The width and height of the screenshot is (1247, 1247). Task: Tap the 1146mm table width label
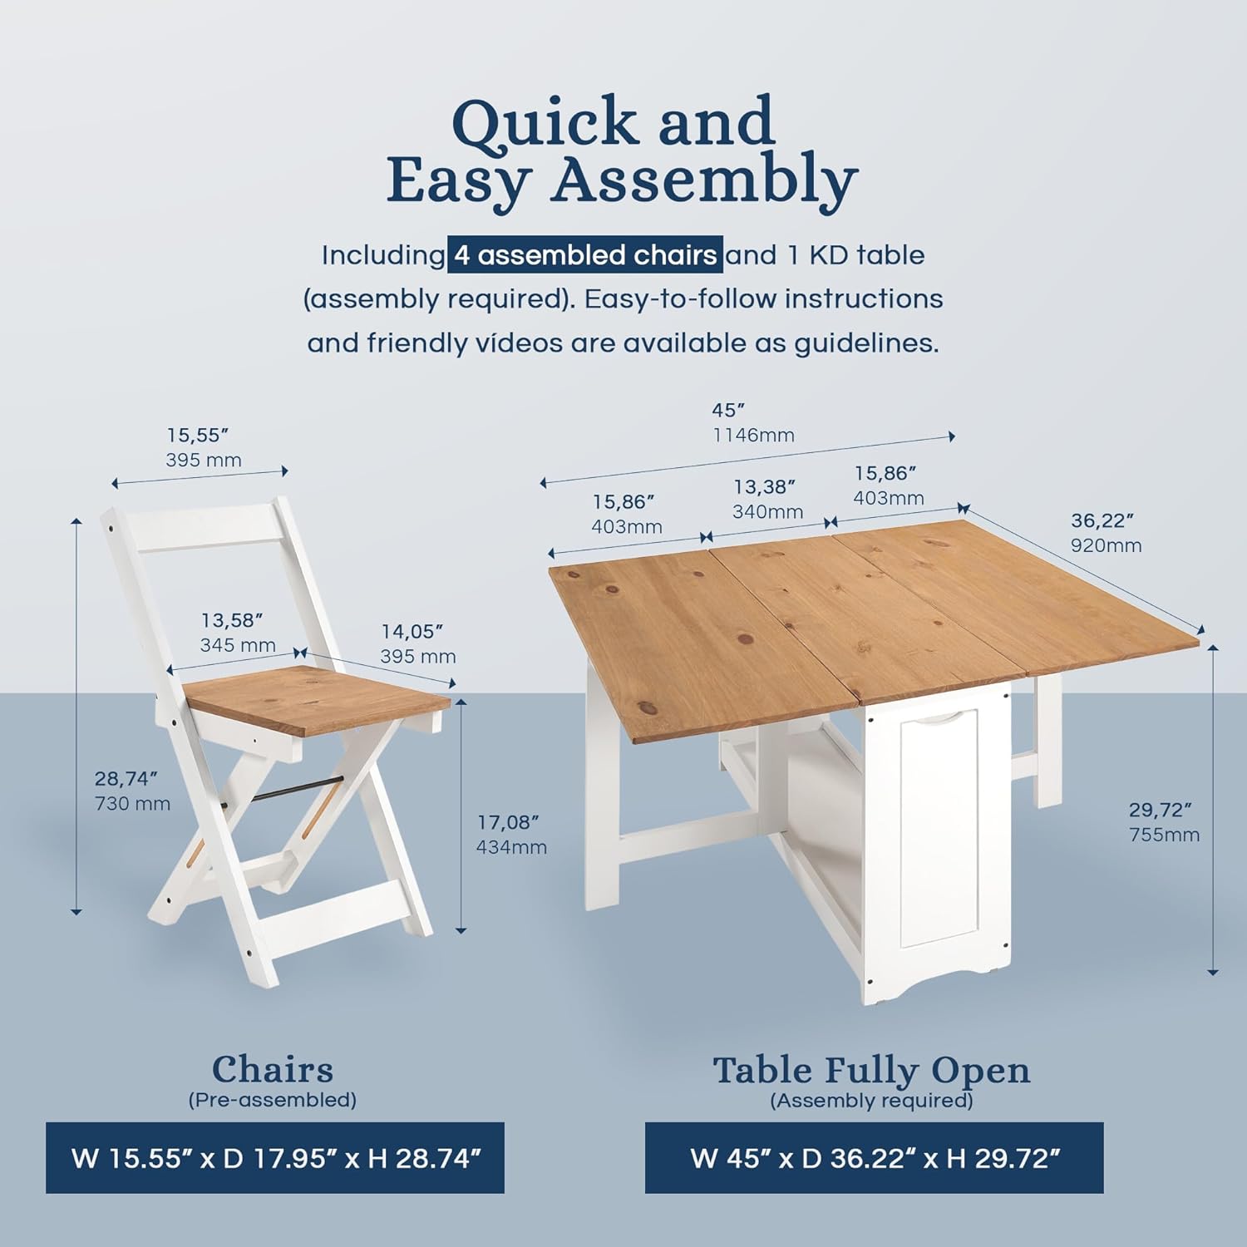pyautogui.click(x=753, y=435)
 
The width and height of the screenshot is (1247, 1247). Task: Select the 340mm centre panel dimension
pyautogui.click(x=767, y=511)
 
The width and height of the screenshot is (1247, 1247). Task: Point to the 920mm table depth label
pyautogui.click(x=1107, y=545)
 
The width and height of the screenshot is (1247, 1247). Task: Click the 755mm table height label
pyautogui.click(x=1164, y=835)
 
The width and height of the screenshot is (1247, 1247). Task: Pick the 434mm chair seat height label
pyautogui.click(x=511, y=847)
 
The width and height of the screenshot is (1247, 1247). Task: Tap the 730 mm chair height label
pyautogui.click(x=133, y=804)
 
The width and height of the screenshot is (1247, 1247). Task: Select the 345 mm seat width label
pyautogui.click(x=238, y=644)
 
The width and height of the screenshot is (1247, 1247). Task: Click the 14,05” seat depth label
pyautogui.click(x=412, y=632)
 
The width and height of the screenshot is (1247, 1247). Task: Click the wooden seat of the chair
pyautogui.click(x=316, y=698)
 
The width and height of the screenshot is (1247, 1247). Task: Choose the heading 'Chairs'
pyautogui.click(x=273, y=1070)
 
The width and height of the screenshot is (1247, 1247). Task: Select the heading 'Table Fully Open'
pyautogui.click(x=871, y=1071)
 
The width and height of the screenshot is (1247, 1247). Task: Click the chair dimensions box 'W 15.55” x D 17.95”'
pyautogui.click(x=275, y=1158)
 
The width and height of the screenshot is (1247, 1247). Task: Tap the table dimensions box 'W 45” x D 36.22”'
pyautogui.click(x=875, y=1158)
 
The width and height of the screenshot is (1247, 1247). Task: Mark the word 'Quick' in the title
pyautogui.click(x=545, y=123)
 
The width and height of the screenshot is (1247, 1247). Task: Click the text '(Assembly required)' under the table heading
pyautogui.click(x=871, y=1101)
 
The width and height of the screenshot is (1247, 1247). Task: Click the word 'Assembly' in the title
pyautogui.click(x=704, y=181)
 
